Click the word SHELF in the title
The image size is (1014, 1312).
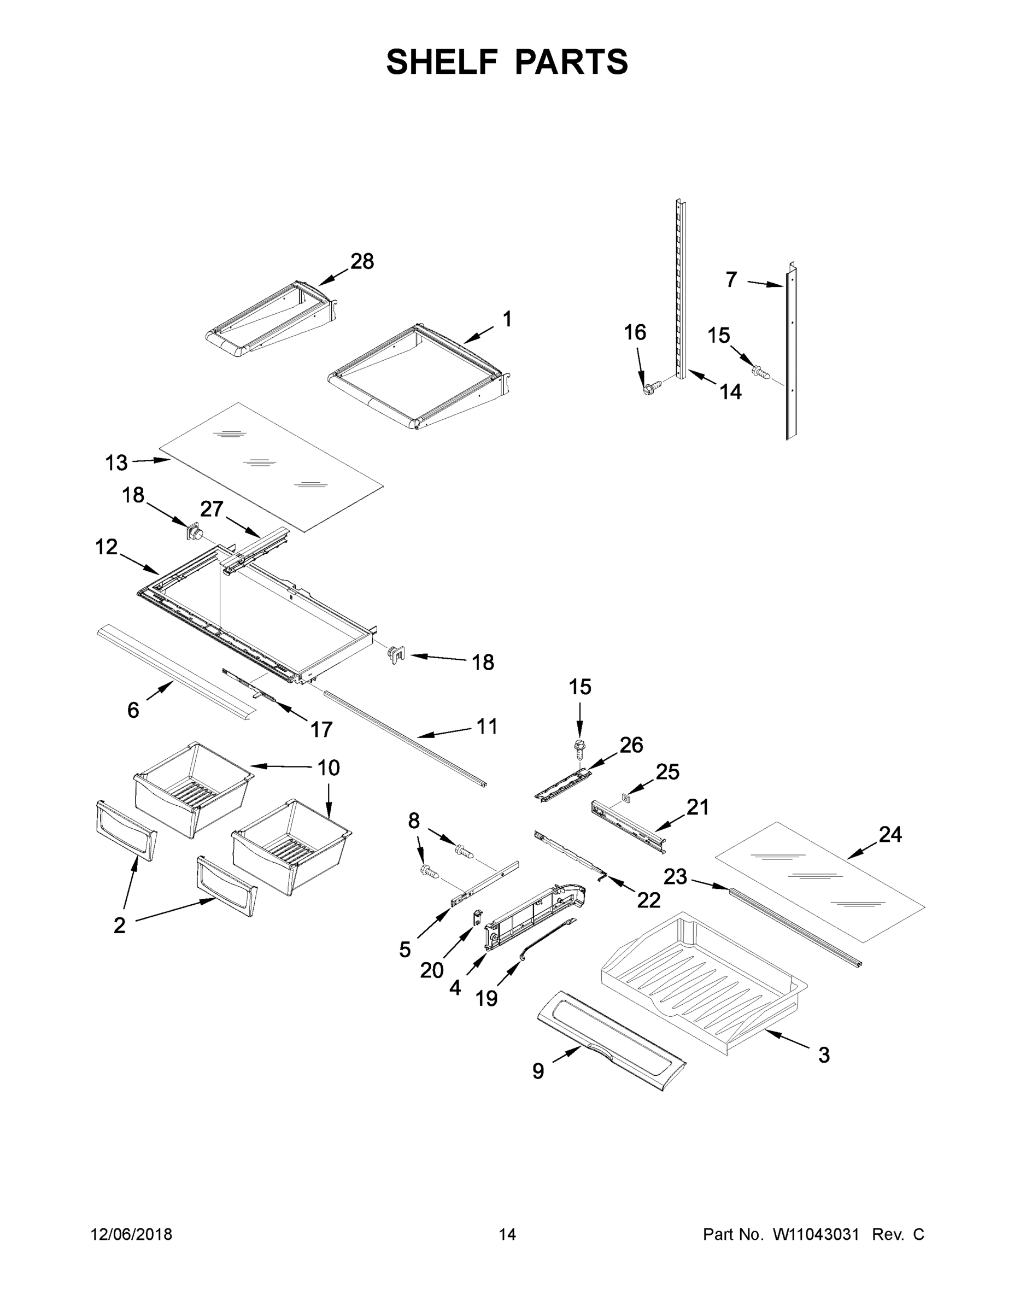442,62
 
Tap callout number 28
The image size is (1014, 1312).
362,261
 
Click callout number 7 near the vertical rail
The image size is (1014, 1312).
731,279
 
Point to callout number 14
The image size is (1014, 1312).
730,391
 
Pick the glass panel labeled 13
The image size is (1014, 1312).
271,467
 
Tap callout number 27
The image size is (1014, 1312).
212,509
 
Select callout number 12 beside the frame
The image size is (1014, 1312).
107,547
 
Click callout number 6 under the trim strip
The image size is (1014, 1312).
133,710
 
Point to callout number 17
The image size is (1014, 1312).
321,729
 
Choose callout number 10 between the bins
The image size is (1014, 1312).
329,768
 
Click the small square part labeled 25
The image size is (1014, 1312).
626,797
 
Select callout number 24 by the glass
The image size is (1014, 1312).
890,834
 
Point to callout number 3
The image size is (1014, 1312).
824,1055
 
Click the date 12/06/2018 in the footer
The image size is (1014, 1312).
132,1234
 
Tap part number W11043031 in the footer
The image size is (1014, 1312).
815,1234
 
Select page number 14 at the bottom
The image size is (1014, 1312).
507,1234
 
